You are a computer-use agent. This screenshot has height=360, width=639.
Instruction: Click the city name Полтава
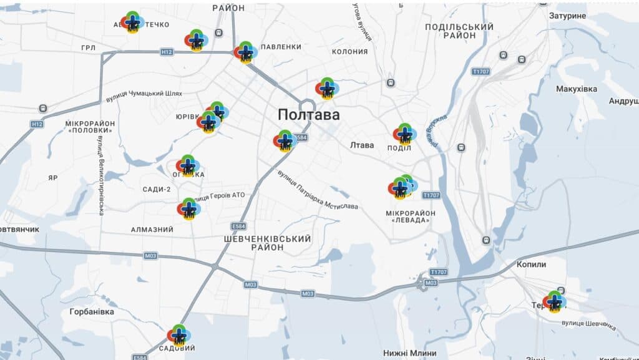[309, 115]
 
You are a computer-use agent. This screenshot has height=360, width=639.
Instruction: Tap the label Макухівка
[576, 89]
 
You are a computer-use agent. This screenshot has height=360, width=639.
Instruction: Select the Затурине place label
[567, 15]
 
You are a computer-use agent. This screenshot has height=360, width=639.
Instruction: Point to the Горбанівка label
[92, 311]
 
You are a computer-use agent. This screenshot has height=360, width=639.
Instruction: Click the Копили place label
[531, 265]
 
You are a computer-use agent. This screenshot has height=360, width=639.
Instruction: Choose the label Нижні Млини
[410, 353]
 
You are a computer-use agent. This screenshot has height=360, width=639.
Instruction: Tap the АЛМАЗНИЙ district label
[152, 230]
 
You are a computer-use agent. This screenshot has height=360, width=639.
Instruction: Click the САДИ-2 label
[156, 189]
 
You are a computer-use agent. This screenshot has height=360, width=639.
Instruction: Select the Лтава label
[362, 145]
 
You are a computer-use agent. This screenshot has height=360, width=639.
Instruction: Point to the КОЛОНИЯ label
[349, 52]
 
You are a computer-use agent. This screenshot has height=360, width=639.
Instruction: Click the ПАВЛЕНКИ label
[281, 47]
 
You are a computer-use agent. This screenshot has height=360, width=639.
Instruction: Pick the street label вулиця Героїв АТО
[220, 196]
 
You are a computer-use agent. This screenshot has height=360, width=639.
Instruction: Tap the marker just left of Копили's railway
[554, 301]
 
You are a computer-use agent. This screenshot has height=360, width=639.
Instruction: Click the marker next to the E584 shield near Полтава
[285, 140]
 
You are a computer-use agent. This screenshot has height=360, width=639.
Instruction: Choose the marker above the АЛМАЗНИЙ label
[188, 208]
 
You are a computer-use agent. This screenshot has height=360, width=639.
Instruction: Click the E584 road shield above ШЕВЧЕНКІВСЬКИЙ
[238, 226]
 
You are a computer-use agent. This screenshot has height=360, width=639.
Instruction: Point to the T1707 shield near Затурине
[481, 72]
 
